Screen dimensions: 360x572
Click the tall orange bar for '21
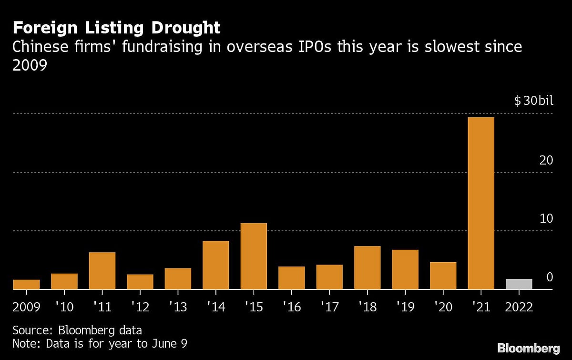tap(481, 203)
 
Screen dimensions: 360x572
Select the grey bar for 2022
tap(519, 284)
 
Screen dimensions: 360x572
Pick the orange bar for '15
tap(254, 256)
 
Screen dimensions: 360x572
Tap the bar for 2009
tap(26, 285)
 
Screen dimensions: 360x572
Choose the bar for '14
tap(215, 265)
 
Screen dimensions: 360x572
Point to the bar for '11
tap(102, 271)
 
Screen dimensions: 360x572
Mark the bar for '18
tap(367, 267)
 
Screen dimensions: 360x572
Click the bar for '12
tap(140, 282)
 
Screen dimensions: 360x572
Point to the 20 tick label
tap(546, 160)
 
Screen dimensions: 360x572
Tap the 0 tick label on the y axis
tap(549, 277)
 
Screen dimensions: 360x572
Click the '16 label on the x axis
tap(291, 306)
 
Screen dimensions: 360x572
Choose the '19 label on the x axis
tap(405, 306)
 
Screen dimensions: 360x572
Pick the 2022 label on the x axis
tap(519, 306)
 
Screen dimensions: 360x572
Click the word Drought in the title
tap(186, 28)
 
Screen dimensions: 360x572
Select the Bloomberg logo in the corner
tap(528, 348)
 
